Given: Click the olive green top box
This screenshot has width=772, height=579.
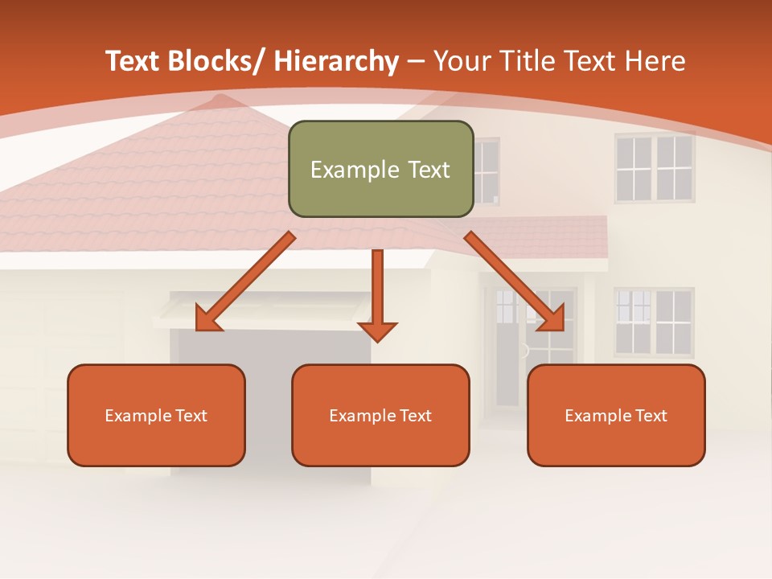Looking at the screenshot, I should [380, 169].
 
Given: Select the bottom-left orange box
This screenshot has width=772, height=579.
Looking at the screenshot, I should [156, 415].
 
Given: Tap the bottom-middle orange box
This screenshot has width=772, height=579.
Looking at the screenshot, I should [380, 415].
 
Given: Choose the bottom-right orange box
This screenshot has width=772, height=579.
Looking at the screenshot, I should [616, 415].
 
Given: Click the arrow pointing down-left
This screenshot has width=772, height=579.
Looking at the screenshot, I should [244, 282].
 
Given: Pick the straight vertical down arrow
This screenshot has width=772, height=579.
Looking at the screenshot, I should [378, 294].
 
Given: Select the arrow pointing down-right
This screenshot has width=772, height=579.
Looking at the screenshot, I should [514, 281].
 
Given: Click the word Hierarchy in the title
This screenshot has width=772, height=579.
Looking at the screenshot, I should [336, 61].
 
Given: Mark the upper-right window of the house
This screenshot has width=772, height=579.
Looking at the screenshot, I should [655, 167].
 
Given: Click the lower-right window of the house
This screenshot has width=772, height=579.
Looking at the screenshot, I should [655, 322].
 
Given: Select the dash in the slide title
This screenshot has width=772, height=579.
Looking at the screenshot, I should [416, 61].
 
